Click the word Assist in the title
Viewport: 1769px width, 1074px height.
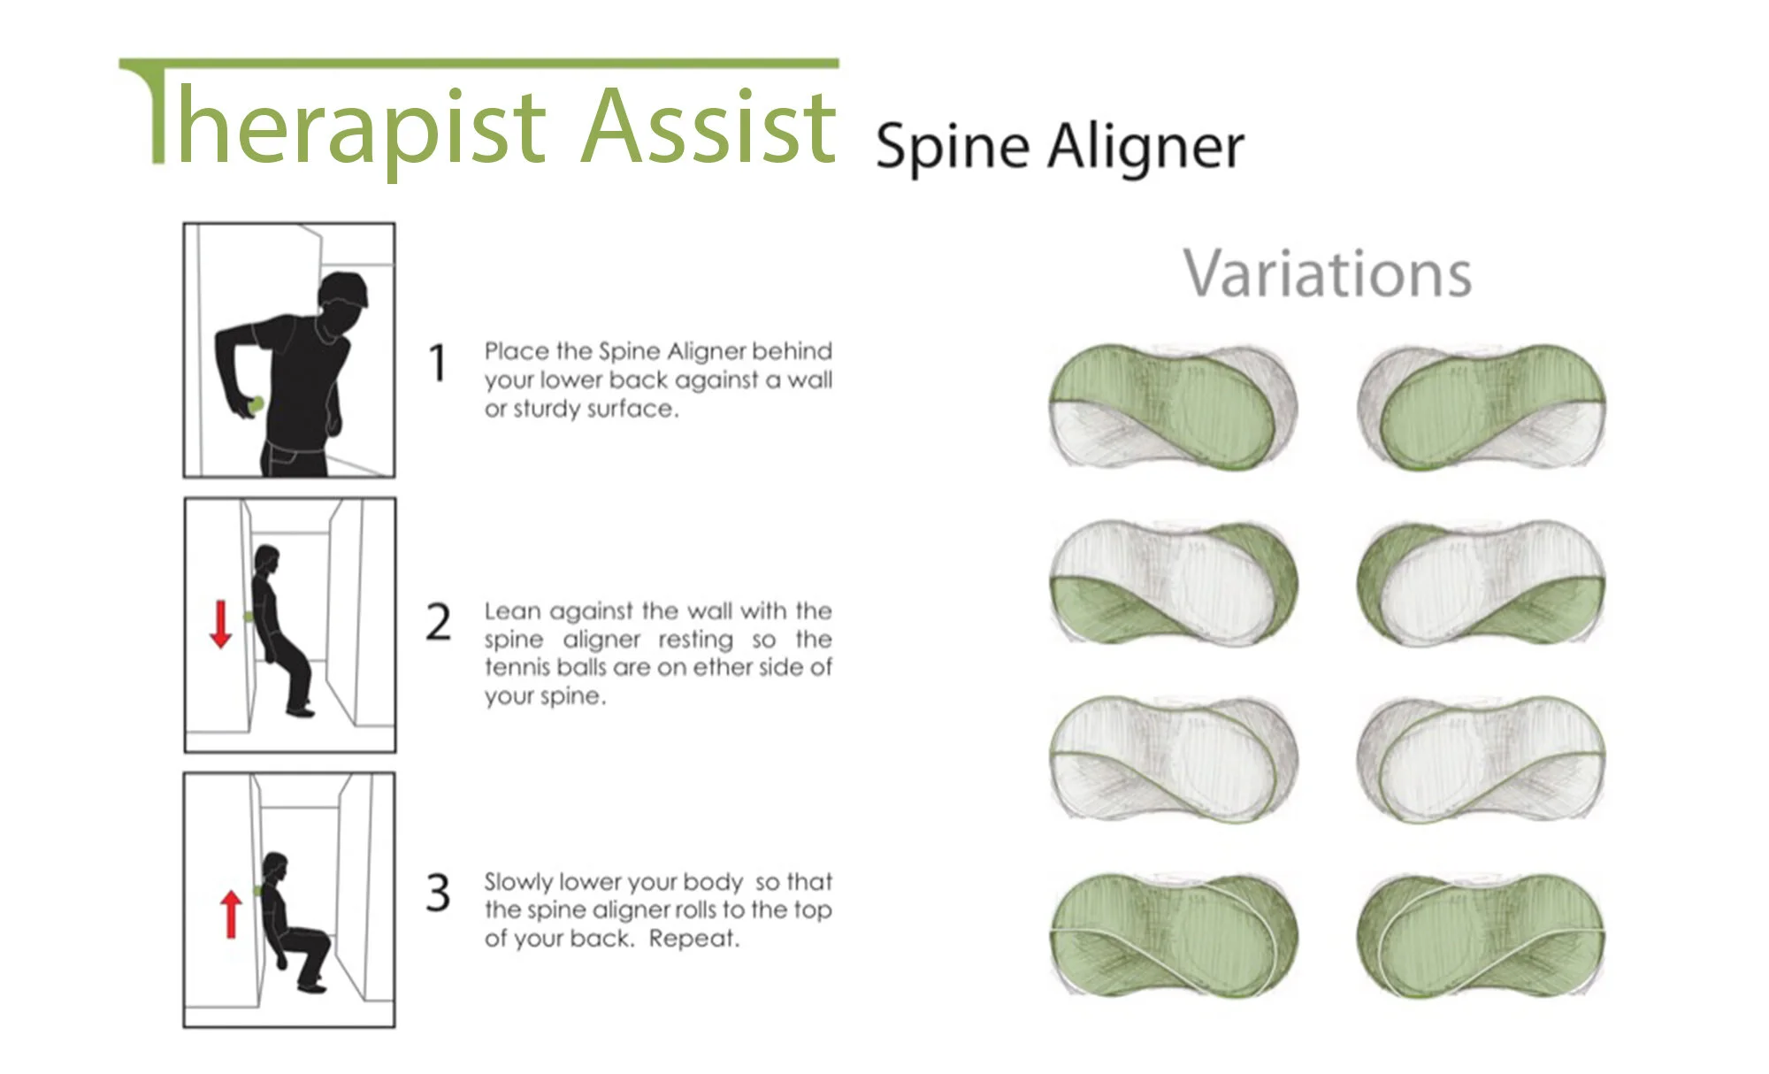click(x=708, y=126)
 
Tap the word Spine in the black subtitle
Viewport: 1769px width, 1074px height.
click(x=952, y=147)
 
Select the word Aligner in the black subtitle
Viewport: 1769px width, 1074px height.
click(x=1146, y=147)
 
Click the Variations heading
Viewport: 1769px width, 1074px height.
click(x=1328, y=274)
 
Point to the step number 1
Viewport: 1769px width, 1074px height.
click(x=437, y=364)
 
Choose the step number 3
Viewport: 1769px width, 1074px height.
click(x=438, y=893)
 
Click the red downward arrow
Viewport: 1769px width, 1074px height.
click(x=220, y=624)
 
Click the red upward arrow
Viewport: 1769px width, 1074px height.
click(x=231, y=913)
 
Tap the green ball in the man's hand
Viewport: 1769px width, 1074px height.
click(x=257, y=405)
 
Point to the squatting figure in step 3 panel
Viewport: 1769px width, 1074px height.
click(x=292, y=920)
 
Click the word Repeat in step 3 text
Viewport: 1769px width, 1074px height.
click(x=693, y=939)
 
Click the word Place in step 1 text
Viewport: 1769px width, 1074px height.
click(x=517, y=351)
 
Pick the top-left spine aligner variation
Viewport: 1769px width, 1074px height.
click(x=1174, y=407)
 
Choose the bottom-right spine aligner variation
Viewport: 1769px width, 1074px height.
click(x=1481, y=936)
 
